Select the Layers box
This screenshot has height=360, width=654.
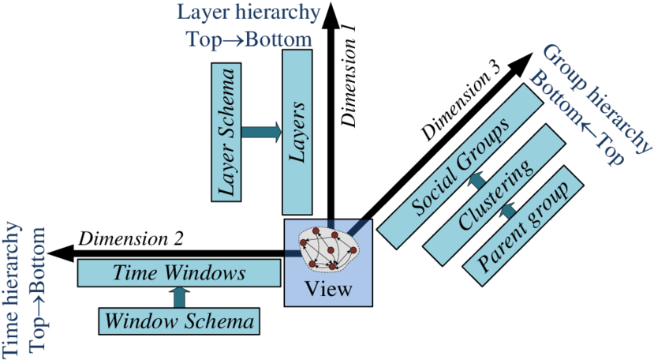(x=297, y=131)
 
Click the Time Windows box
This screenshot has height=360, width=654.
(x=179, y=273)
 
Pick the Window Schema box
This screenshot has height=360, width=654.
(x=180, y=321)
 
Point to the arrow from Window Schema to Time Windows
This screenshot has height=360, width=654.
(x=180, y=297)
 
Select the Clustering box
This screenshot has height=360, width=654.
(x=495, y=193)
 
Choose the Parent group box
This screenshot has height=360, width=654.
(x=526, y=224)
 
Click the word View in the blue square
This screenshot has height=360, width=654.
(x=328, y=289)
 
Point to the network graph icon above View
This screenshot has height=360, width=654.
(x=328, y=249)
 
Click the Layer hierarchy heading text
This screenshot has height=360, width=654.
(x=249, y=13)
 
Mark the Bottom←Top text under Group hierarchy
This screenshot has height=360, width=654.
(x=576, y=118)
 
